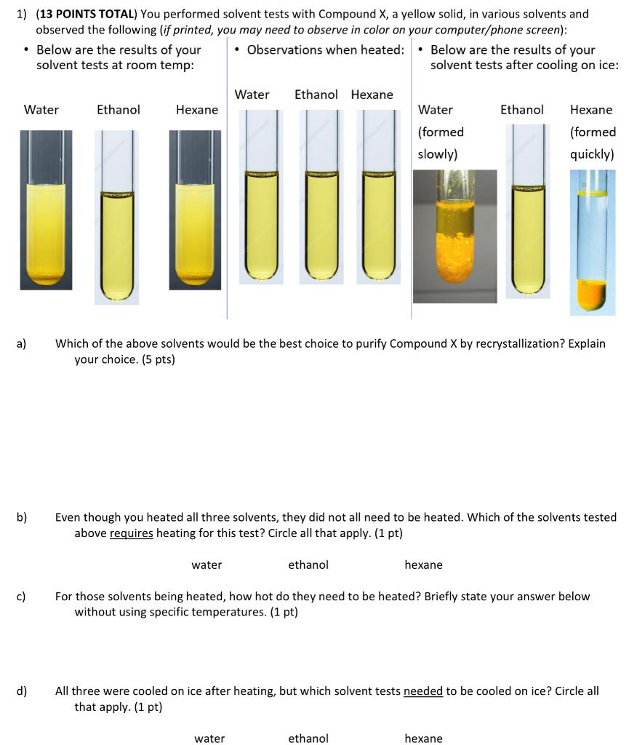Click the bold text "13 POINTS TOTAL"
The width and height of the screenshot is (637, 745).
click(87, 14)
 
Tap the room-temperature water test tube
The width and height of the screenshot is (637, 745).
click(46, 218)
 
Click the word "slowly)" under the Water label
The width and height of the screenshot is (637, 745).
click(437, 154)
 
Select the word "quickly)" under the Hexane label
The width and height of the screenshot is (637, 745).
click(592, 154)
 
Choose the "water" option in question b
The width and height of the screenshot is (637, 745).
click(207, 565)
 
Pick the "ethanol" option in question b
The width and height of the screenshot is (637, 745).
click(308, 565)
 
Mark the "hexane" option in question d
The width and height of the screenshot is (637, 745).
click(423, 738)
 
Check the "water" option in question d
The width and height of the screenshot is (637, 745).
click(209, 738)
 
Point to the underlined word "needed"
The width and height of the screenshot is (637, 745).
click(422, 690)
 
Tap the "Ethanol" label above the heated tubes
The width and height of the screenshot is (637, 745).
click(316, 95)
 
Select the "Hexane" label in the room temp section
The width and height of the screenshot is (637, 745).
click(196, 110)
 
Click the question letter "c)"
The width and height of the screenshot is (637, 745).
click(22, 597)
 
